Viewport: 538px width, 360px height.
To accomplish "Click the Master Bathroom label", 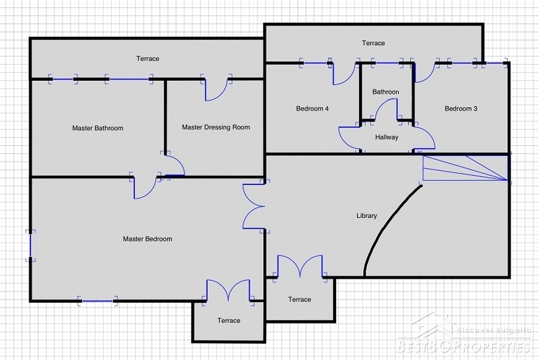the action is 98,128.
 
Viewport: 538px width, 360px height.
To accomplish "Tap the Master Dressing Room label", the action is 216,127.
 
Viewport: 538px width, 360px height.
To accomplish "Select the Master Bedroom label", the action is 147,239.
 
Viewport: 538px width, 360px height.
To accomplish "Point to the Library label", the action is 367,215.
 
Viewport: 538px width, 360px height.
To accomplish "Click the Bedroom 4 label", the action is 312,108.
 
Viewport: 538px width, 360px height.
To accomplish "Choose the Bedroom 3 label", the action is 461,108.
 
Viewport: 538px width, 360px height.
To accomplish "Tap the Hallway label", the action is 387,137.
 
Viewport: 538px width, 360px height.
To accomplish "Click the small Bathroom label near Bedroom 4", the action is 385,92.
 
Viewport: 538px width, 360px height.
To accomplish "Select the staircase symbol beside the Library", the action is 465,168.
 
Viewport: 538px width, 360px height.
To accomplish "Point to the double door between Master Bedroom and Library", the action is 254,207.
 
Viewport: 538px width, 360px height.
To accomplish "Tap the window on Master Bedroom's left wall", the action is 30,246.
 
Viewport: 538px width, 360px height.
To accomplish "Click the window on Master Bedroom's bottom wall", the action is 98,301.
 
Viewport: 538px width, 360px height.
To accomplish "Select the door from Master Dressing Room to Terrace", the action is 216,88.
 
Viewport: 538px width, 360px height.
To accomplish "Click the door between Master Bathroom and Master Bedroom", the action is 145,186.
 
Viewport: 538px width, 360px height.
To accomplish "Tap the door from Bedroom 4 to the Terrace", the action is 344,73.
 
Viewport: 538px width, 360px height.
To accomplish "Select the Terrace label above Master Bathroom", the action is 147,59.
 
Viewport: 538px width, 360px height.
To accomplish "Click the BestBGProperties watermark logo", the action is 465,334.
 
